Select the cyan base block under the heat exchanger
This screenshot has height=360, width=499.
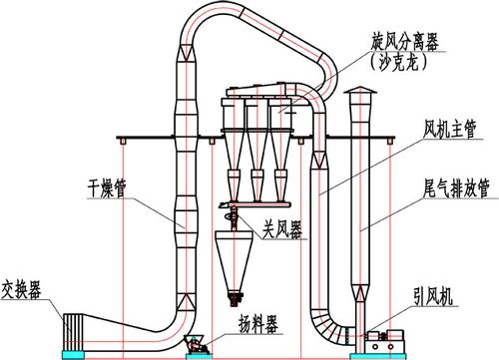click(74, 354)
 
